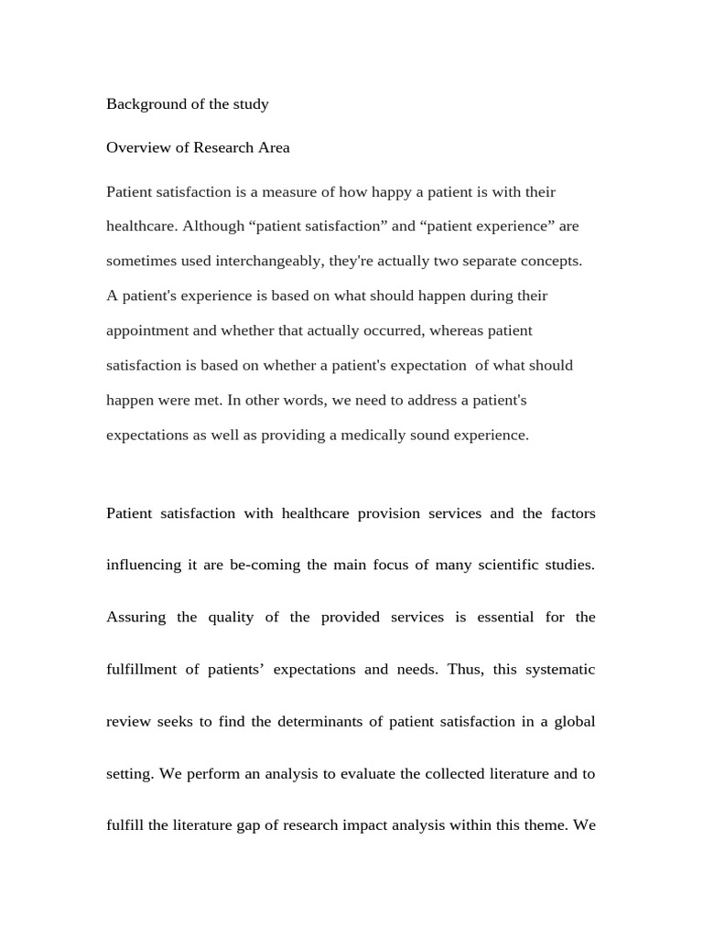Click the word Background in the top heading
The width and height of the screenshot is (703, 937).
click(145, 104)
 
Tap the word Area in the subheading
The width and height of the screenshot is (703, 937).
click(273, 147)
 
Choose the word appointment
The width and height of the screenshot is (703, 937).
click(148, 330)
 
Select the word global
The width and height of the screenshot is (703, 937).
click(574, 722)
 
